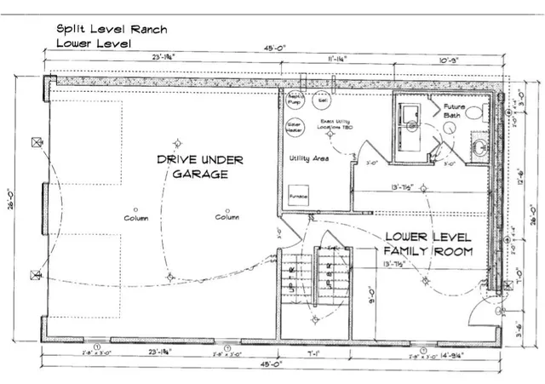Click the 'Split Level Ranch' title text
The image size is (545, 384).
112,28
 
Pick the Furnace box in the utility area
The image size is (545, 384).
298,194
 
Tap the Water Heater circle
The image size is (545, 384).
295,126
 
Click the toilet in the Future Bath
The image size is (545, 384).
473,112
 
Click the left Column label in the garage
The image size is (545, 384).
135,218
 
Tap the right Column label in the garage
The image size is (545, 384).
227,218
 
